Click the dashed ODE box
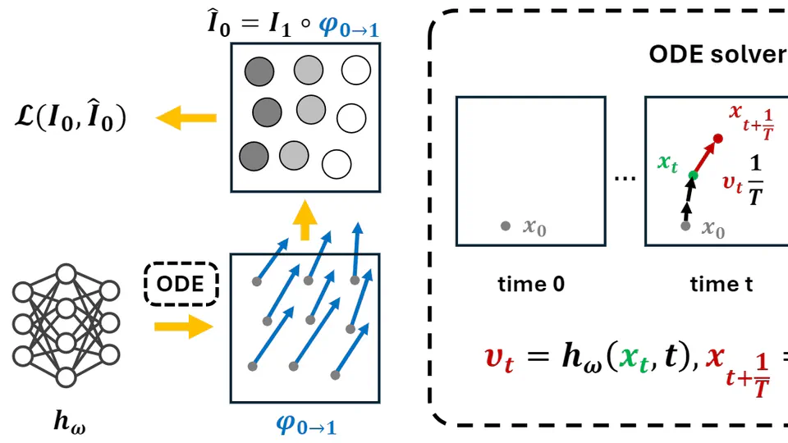181,284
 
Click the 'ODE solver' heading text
717,54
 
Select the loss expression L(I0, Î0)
71,120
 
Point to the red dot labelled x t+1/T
718,139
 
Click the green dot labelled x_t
693,175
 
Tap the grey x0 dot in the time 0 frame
506,226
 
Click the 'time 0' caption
531,285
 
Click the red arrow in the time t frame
706,156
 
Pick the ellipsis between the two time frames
625,176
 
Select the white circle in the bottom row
336,164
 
